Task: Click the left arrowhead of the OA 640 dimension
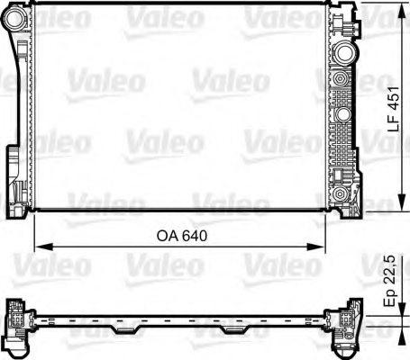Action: pos(38,247)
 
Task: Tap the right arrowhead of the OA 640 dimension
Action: pos(322,247)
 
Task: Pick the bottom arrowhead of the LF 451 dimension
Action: pos(399,205)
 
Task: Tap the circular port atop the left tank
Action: pos(21,12)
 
